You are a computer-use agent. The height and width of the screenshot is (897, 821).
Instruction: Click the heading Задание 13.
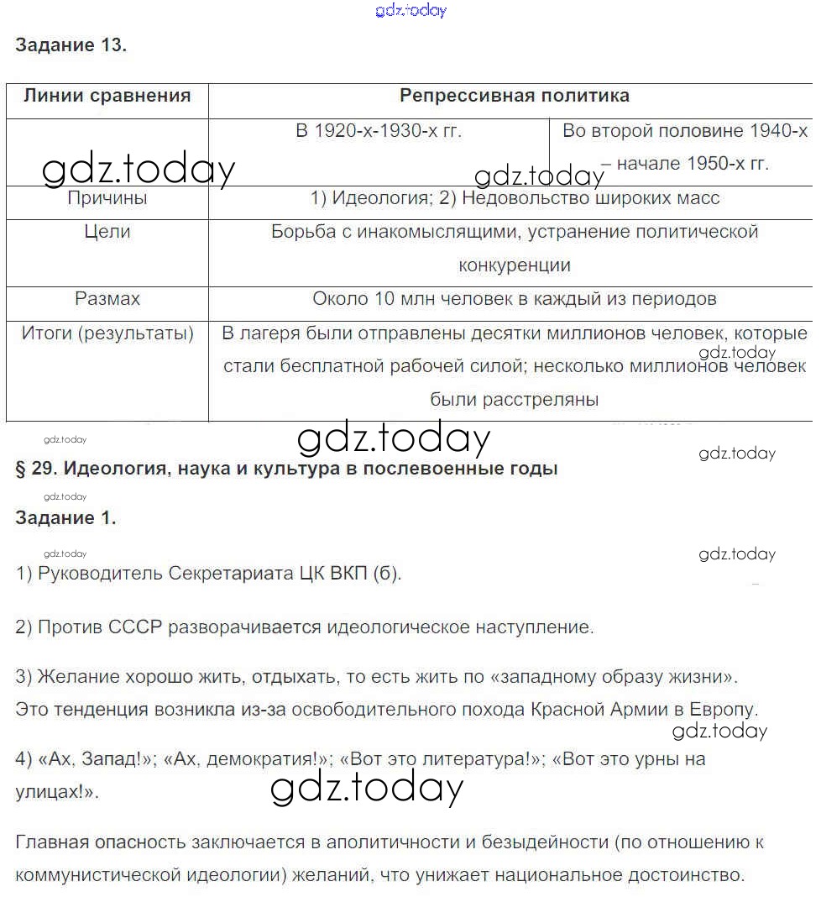click(71, 45)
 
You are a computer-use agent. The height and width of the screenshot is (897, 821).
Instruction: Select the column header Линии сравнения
click(107, 95)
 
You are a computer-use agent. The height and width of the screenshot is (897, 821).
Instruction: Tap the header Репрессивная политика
click(514, 95)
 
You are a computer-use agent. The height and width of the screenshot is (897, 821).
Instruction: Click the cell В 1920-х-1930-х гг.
click(379, 131)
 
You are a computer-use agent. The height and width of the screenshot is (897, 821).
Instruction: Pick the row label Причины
click(107, 198)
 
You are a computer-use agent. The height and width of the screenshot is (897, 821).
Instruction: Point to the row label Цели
click(107, 231)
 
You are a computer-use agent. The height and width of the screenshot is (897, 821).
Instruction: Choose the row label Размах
click(107, 298)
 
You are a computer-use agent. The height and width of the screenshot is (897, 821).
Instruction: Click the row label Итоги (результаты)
click(107, 333)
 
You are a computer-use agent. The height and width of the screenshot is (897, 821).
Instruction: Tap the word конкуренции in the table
click(514, 265)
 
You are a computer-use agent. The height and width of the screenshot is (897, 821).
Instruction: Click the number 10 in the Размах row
click(384, 298)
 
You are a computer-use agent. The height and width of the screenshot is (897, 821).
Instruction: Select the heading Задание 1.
click(65, 518)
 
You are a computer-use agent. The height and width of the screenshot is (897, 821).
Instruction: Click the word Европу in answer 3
click(724, 708)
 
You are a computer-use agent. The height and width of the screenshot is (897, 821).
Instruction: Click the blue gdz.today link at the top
click(410, 10)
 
